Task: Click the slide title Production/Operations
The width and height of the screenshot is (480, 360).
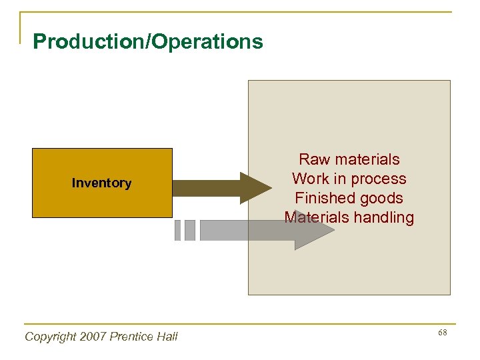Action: point(148,42)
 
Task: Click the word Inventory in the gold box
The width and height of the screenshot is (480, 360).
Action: point(101,183)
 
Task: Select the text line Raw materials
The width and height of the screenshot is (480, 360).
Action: point(349,159)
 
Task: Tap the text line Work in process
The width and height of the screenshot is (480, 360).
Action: point(349,179)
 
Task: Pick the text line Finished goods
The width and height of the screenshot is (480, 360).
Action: point(349,198)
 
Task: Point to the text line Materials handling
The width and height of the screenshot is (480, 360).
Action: point(349,217)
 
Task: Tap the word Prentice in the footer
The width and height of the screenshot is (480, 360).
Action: point(134,337)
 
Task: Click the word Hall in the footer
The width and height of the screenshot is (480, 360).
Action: point(167,337)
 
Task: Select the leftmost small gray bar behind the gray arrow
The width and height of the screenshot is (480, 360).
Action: point(177,230)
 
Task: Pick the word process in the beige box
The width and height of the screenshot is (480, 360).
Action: point(380,179)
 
